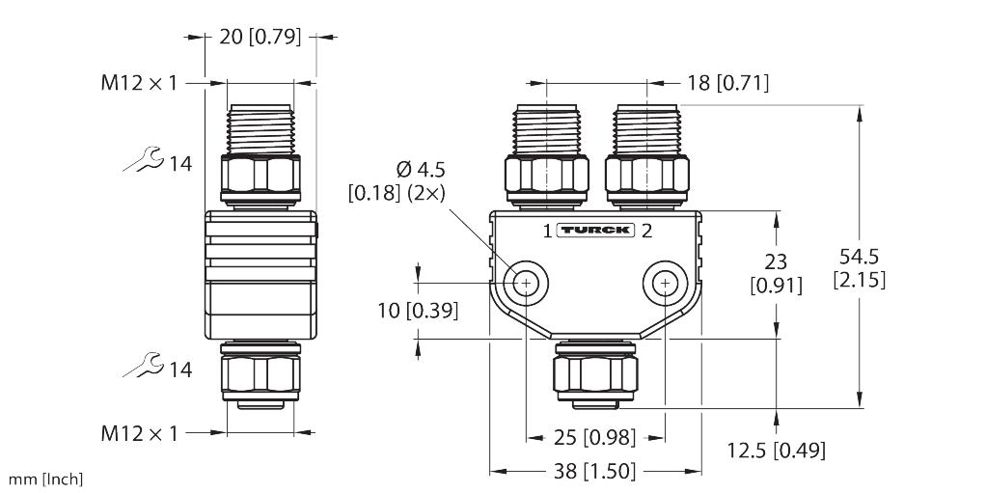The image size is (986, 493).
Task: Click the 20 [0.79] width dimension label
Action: point(260,38)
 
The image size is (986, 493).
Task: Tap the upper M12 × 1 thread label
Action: point(140,83)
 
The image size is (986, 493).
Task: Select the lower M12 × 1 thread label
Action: point(140,433)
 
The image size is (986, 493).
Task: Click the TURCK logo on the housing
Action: point(595,231)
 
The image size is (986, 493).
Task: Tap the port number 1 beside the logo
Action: point(547,231)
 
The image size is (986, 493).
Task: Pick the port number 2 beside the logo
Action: point(646,231)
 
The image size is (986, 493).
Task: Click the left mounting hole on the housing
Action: point(527,283)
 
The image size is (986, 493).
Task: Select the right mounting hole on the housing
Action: point(664,283)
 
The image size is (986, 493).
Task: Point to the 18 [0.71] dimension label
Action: point(728,83)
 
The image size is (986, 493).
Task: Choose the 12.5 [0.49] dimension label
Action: point(776,450)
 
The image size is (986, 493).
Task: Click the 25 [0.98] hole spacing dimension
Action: point(595,437)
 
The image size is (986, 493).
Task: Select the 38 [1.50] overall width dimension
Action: point(595,472)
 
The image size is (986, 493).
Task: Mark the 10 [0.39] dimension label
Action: point(417,311)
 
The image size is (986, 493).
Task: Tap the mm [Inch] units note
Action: point(46,479)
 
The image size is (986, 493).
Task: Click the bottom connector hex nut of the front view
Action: point(595,370)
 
